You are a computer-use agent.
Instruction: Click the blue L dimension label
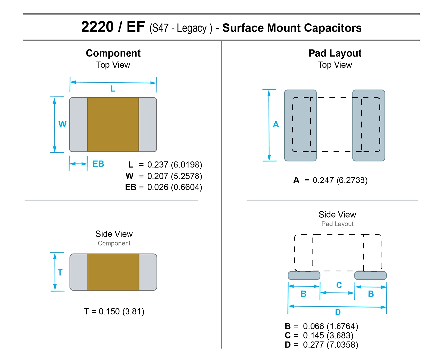tap(113, 89)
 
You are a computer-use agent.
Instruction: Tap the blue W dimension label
tap(62, 124)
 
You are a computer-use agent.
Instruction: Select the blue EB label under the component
tap(98, 164)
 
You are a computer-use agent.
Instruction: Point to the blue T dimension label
tap(60, 272)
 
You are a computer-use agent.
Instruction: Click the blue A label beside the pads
tap(276, 124)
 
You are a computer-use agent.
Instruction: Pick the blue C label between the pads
tap(339, 285)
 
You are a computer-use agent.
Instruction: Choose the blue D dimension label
tap(338, 312)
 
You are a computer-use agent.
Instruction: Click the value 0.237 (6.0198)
tap(175, 165)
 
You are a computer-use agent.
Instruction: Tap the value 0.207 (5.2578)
tap(175, 176)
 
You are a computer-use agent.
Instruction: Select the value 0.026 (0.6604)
tap(175, 187)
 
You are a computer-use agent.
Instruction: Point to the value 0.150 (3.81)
tap(121, 311)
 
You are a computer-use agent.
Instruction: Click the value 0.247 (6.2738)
tap(340, 180)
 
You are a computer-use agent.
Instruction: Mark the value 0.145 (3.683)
tap(328, 335)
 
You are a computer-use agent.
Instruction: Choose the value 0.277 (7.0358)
tap(330, 345)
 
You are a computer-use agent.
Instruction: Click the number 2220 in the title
tap(97, 27)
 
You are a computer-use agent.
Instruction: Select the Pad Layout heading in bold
tap(335, 53)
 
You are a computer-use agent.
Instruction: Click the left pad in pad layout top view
tap(300, 125)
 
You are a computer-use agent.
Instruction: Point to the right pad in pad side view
tap(370, 276)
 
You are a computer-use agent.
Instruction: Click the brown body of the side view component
tap(113, 272)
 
